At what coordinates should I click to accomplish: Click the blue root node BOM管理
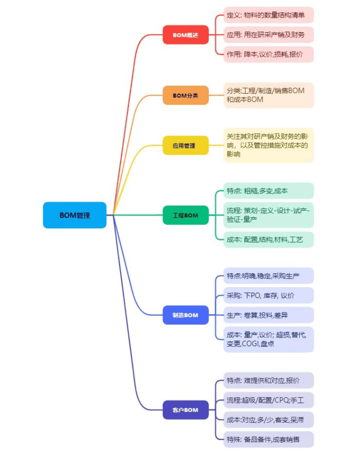tap(75, 215)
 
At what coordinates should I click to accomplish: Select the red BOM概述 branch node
tap(185, 35)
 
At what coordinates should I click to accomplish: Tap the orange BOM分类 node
tap(185, 95)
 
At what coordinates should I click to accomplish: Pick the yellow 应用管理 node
tap(185, 145)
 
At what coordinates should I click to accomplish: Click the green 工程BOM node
tap(185, 215)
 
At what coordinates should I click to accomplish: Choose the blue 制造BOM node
tap(185, 315)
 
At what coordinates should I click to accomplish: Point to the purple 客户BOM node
tap(185, 410)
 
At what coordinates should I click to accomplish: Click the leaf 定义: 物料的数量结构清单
tap(269, 15)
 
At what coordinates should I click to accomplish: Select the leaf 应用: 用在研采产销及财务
tap(269, 35)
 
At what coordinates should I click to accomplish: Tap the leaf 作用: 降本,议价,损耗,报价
tap(269, 54)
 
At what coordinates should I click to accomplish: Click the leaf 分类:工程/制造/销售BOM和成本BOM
tap(269, 95)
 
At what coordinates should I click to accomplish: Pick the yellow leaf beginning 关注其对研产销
tap(269, 145)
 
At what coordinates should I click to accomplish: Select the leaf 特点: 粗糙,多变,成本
tap(269, 190)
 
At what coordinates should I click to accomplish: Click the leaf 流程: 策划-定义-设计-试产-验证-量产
tap(269, 215)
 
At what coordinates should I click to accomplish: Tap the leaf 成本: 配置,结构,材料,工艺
tap(269, 240)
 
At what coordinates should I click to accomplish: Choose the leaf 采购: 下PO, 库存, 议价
tap(269, 295)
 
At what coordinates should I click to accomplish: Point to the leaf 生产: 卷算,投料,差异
tap(269, 315)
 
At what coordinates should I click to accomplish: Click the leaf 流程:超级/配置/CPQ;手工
tap(269, 400)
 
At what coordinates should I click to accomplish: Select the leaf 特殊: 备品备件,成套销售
tap(269, 439)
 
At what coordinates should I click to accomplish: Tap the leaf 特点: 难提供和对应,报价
tap(269, 380)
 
